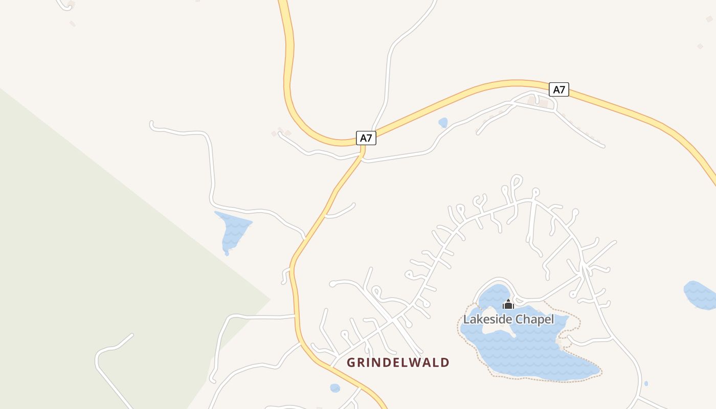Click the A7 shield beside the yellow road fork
pyautogui.click(x=366, y=138)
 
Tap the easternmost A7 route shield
pyautogui.click(x=559, y=89)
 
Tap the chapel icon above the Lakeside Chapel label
pyautogui.click(x=508, y=305)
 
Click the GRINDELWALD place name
pyautogui.click(x=398, y=362)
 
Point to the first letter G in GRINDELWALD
pyautogui.click(x=351, y=362)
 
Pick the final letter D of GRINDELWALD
pyautogui.click(x=445, y=362)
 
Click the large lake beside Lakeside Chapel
pyautogui.click(x=532, y=353)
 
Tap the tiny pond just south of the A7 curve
pyautogui.click(x=443, y=123)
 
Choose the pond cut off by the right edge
pyautogui.click(x=701, y=295)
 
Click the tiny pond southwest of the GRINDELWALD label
pyautogui.click(x=335, y=388)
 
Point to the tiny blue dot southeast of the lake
pyautogui.click(x=646, y=383)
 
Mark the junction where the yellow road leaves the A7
pyautogui.click(x=362, y=147)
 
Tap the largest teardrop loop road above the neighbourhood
pyautogui.click(x=516, y=181)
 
